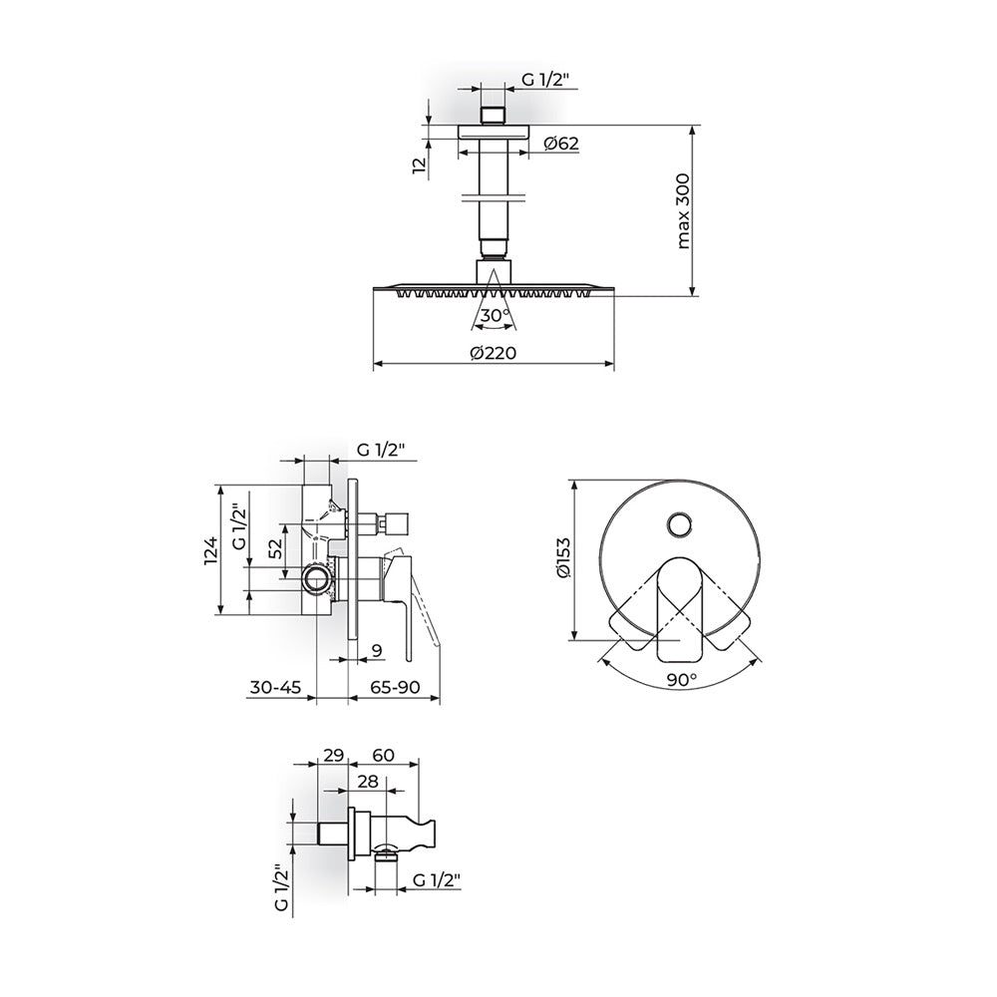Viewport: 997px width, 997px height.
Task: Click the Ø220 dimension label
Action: point(493,353)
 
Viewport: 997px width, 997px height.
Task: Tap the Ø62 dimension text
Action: point(561,144)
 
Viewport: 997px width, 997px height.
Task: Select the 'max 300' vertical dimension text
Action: point(683,211)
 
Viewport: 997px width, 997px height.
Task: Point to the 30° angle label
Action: point(495,315)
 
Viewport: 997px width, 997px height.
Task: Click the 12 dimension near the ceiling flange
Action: point(419,166)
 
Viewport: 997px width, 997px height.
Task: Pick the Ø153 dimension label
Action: point(564,557)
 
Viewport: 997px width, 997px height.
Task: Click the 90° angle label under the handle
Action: point(682,680)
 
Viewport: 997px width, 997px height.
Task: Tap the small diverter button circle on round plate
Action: point(679,524)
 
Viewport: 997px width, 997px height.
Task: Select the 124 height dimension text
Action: point(211,550)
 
